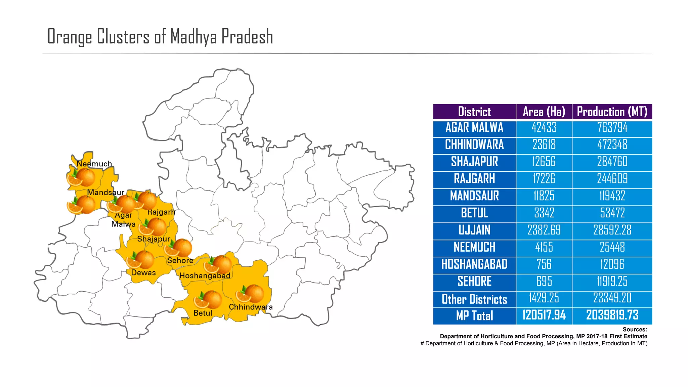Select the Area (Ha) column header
[544, 112]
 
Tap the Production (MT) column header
[612, 112]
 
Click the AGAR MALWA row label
[474, 128]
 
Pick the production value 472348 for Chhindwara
[612, 145]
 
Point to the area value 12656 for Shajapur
[544, 162]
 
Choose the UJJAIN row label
[474, 230]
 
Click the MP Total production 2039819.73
[612, 315]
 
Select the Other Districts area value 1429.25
[544, 298]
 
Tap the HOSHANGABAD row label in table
[474, 264]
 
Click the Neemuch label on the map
[94, 164]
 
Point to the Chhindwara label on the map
[251, 307]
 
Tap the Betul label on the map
[203, 313]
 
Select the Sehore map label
[180, 261]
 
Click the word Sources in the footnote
[635, 330]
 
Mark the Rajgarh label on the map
[161, 212]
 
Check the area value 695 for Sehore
[544, 282]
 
